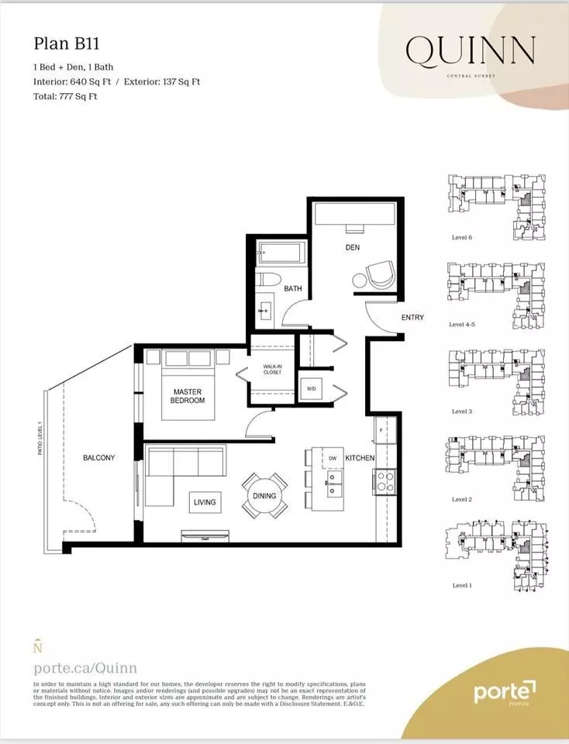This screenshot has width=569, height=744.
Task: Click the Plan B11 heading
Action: click(x=66, y=45)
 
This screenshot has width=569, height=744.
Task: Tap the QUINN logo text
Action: click(x=470, y=51)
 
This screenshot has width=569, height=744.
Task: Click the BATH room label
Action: click(x=292, y=288)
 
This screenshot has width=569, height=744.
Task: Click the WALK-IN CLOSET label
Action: click(x=271, y=369)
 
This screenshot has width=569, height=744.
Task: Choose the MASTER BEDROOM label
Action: click(x=188, y=396)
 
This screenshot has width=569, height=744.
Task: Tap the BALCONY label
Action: click(x=98, y=458)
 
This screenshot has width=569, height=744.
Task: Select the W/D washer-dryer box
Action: click(x=312, y=388)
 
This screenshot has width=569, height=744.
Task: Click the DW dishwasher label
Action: click(x=333, y=458)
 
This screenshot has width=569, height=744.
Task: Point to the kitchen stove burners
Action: click(x=385, y=481)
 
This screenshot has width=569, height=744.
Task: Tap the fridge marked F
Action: click(x=383, y=429)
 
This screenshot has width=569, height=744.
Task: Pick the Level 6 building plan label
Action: click(x=461, y=237)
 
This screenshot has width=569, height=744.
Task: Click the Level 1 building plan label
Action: click(x=461, y=585)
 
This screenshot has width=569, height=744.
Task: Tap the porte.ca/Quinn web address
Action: click(x=85, y=667)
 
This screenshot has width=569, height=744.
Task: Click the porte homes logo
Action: click(x=505, y=692)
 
